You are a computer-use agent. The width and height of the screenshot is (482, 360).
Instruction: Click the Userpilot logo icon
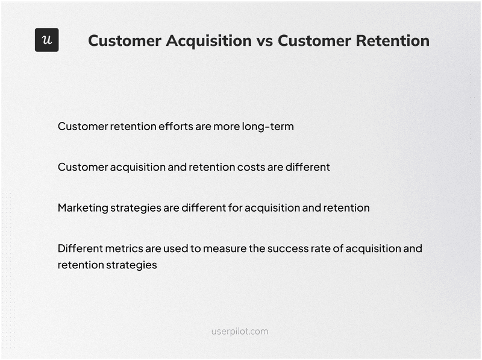[46, 40]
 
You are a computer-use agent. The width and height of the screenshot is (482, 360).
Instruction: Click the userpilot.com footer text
[240, 331]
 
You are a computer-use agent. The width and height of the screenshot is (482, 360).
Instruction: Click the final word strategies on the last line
[131, 265]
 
